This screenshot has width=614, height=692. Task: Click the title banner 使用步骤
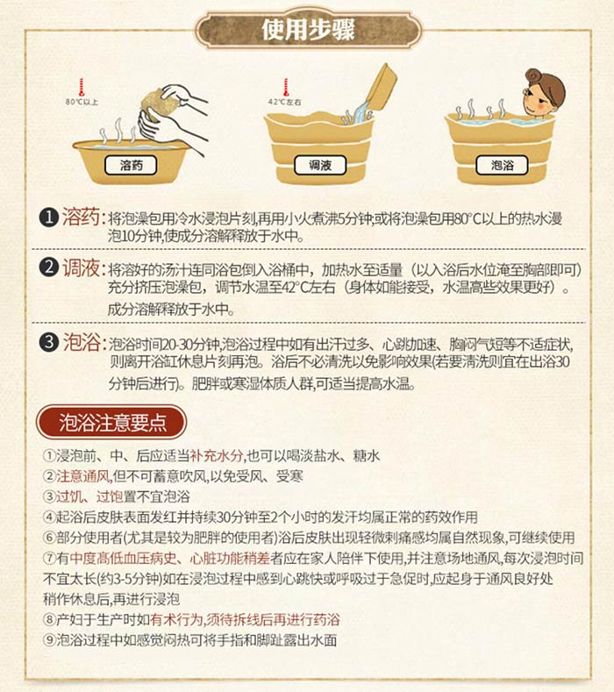pyautogui.click(x=308, y=30)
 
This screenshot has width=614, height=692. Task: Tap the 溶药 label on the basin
pyautogui.click(x=131, y=166)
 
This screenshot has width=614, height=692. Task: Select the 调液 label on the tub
pyautogui.click(x=320, y=166)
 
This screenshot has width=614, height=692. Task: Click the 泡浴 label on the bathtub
pyautogui.click(x=502, y=166)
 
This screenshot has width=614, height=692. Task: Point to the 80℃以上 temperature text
pyautogui.click(x=82, y=102)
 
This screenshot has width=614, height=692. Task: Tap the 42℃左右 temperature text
pyautogui.click(x=285, y=102)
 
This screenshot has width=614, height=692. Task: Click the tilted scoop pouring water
pyautogui.click(x=381, y=88)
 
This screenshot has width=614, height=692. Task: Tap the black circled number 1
pyautogui.click(x=48, y=218)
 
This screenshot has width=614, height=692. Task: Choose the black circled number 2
pyautogui.click(x=48, y=268)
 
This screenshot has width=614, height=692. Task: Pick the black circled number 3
pyautogui.click(x=48, y=342)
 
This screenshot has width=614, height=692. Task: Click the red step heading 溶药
pyautogui.click(x=81, y=218)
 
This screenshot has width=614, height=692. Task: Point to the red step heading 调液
pyautogui.click(x=81, y=268)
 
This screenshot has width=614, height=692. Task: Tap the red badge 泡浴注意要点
pyautogui.click(x=111, y=422)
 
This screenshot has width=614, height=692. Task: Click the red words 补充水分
pyautogui.click(x=217, y=456)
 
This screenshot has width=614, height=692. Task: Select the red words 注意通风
pyautogui.click(x=82, y=476)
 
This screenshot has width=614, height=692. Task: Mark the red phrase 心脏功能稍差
pyautogui.click(x=230, y=559)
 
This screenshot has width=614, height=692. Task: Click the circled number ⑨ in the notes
pyautogui.click(x=49, y=640)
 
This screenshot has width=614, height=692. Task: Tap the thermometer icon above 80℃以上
pyautogui.click(x=82, y=88)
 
